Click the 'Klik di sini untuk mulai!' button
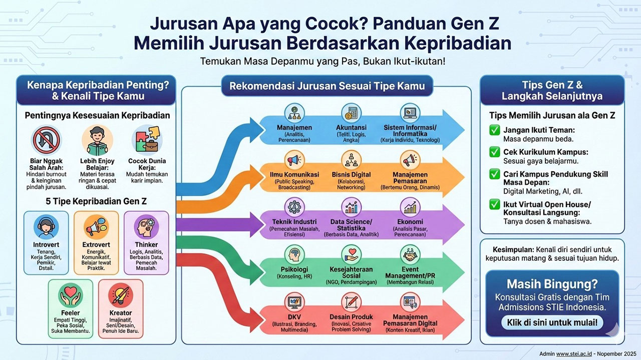pyautogui.click(x=552, y=322)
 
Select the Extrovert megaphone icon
pyautogui.click(x=96, y=228)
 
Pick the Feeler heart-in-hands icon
pyautogui.click(x=70, y=297)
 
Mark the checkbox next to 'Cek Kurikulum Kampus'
pyautogui.click(x=494, y=152)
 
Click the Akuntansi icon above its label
pyautogui.click(x=351, y=113)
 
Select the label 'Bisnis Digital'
pyautogui.click(x=351, y=174)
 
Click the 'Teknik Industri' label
pyautogui.click(x=294, y=222)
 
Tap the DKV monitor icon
pyautogui.click(x=294, y=302)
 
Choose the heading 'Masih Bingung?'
pyautogui.click(x=552, y=284)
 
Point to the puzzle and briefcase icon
pyautogui.click(x=146, y=140)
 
